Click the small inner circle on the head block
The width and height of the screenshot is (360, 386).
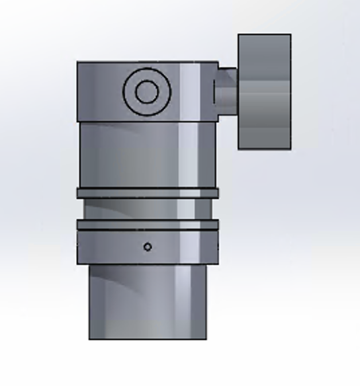146,91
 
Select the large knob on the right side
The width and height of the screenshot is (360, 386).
265,91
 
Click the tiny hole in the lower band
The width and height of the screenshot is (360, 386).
148,247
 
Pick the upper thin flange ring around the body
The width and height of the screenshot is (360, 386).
148,193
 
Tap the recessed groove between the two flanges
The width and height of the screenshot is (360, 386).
148,209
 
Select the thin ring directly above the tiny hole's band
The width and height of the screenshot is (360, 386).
148,225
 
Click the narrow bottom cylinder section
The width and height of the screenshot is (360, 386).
148,303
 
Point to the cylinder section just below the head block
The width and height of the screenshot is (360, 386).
148,155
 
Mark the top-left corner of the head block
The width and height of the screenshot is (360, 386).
78,63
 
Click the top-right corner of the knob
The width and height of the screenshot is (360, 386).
290,35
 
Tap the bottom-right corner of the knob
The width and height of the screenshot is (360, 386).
290,148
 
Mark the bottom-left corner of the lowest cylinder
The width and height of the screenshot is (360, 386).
90,338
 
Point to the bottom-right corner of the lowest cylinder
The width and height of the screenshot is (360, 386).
206,338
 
